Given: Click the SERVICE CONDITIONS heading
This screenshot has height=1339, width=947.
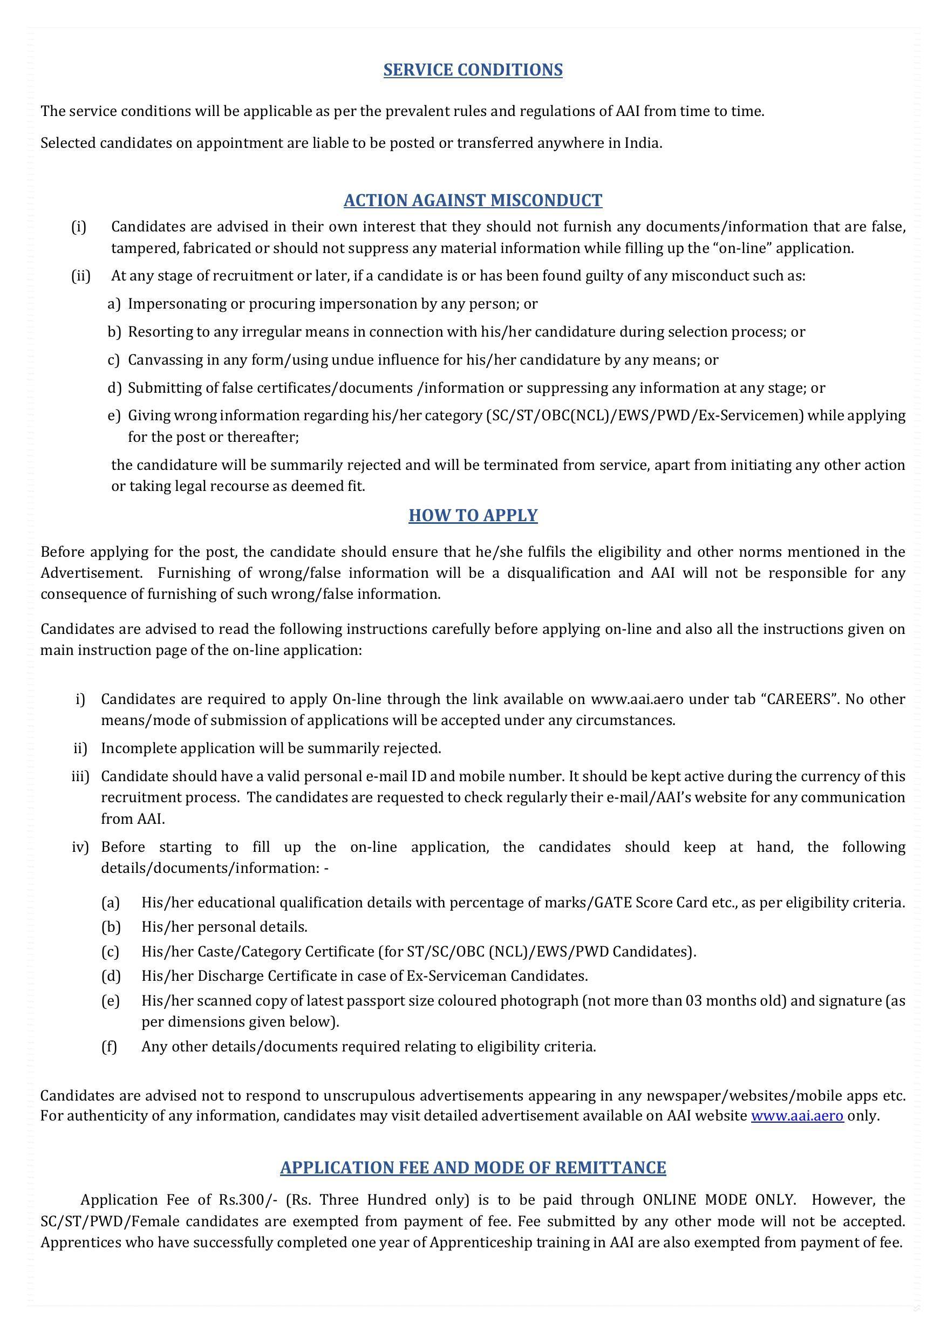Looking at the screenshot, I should (473, 70).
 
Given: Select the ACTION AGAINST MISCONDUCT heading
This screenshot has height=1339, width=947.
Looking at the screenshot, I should (473, 200).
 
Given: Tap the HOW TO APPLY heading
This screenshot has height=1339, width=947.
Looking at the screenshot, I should (473, 515).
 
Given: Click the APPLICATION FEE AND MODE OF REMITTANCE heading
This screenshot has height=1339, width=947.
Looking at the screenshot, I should (473, 1167).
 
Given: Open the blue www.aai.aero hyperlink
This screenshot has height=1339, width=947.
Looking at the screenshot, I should (797, 1116).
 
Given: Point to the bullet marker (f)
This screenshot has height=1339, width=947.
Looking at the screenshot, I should (110, 1046).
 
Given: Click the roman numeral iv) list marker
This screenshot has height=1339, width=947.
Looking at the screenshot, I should (80, 847).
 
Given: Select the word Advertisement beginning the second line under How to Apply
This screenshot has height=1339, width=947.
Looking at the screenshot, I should (91, 573).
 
